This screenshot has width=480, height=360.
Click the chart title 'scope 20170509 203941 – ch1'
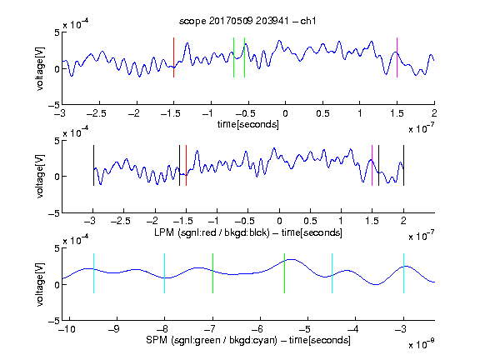pyautogui.click(x=247, y=21)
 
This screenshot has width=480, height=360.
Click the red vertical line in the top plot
pyautogui.click(x=173, y=57)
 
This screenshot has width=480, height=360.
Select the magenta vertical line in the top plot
pyautogui.click(x=397, y=57)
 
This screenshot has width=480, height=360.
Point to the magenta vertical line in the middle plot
pyautogui.click(x=372, y=165)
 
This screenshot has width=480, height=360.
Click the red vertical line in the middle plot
pyautogui.click(x=186, y=165)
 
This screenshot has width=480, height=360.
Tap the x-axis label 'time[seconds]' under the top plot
pyautogui.click(x=248, y=124)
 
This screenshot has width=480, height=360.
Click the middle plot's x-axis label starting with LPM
pyautogui.click(x=248, y=232)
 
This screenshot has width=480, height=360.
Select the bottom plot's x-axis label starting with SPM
pyautogui.click(x=248, y=340)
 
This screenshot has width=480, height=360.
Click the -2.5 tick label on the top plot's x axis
pyautogui.click(x=97, y=114)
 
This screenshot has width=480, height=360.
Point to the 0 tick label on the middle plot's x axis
pyautogui.click(x=279, y=221)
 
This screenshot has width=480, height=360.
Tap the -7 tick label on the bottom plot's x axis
pyautogui.click(x=210, y=329)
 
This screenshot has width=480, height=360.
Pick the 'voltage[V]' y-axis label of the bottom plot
pyautogui.click(x=40, y=284)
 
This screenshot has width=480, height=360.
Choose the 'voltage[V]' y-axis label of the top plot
pyautogui.click(x=40, y=68)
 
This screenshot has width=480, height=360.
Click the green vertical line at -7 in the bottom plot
pyautogui.click(x=212, y=273)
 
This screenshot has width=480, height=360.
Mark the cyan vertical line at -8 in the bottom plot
pyautogui.click(x=164, y=273)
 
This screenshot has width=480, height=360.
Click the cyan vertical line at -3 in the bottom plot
pyautogui.click(x=403, y=273)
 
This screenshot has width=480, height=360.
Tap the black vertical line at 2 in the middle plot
pyautogui.click(x=403, y=165)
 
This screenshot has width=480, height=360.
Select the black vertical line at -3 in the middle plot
pyautogui.click(x=93, y=165)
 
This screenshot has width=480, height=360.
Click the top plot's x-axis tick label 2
pyautogui.click(x=434, y=113)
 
